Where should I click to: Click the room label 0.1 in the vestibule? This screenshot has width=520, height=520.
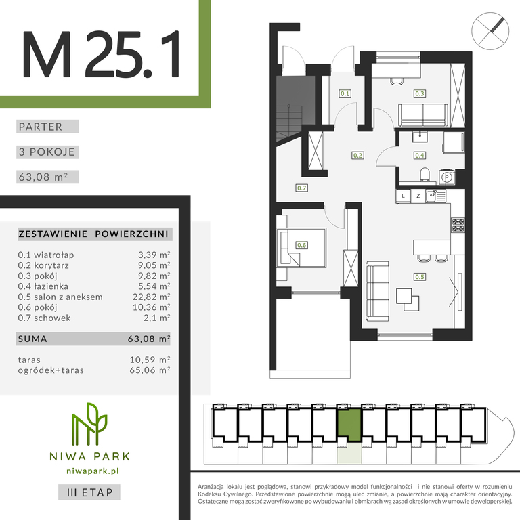[x=345, y=93]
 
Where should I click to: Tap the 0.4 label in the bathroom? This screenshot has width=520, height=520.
[x=420, y=155]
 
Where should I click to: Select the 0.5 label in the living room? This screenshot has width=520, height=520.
[x=420, y=276]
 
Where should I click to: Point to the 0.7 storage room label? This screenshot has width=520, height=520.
[x=301, y=188]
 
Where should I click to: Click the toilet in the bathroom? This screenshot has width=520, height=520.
[x=425, y=175]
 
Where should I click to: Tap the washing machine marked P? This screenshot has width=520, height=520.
[x=447, y=177]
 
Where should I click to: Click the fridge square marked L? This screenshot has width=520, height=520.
[x=404, y=196]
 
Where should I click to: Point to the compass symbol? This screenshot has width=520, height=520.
[x=490, y=31]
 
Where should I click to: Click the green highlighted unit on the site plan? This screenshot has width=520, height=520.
[x=349, y=425]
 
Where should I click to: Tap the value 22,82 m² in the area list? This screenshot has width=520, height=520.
[x=151, y=297]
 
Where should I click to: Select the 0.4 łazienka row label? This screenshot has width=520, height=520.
[x=43, y=286]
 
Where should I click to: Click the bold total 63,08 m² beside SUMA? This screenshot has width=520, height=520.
[x=149, y=339]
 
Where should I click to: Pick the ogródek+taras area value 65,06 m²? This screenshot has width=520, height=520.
[x=150, y=370]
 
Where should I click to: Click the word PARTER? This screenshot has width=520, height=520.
[x=41, y=127]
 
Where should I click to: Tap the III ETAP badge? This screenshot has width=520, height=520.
[x=89, y=492]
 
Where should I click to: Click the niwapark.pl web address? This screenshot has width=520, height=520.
[x=93, y=471]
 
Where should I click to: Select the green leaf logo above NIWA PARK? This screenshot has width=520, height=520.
[x=90, y=424]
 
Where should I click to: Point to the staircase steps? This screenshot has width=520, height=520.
[x=289, y=123]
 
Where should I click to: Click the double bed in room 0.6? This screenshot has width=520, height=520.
[x=301, y=247]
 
